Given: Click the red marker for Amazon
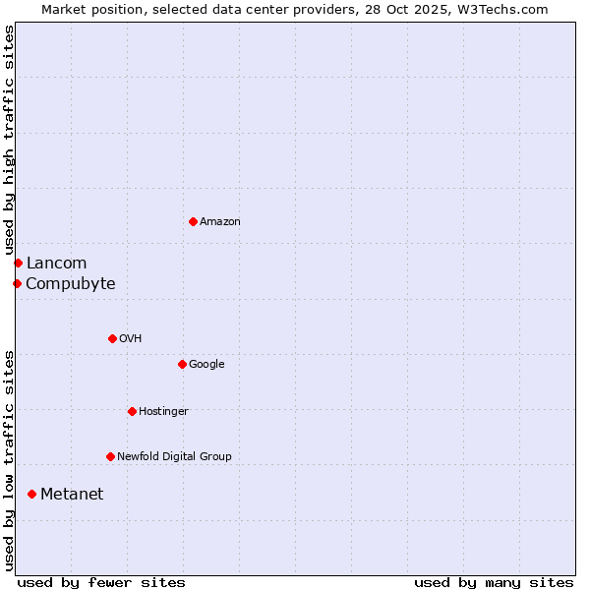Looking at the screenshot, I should [x=193, y=221].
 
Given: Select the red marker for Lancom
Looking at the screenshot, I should [x=18, y=263].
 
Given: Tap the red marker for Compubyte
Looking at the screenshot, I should [x=17, y=283].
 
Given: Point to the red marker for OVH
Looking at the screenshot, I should [x=112, y=338].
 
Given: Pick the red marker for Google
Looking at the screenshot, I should [x=182, y=364].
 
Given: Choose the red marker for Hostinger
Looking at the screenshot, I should [x=132, y=411].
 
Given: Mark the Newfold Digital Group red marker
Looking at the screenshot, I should [x=110, y=456].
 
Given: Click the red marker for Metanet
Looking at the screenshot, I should [x=31, y=494].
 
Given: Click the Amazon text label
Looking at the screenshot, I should [x=220, y=222].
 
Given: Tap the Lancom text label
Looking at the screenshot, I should [x=56, y=263].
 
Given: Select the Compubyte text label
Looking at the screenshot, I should [x=70, y=284].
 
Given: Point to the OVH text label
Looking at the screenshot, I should [x=131, y=339].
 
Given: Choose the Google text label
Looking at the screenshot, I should [x=206, y=365].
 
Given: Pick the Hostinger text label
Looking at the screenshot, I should [x=163, y=412].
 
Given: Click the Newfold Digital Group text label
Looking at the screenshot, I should [x=174, y=457].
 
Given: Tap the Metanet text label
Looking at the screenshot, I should [x=72, y=495].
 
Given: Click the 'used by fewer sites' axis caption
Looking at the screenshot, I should [x=101, y=582].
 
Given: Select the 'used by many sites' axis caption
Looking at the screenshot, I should [x=494, y=582].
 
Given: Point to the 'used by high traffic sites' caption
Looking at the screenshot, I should [x=9, y=140].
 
